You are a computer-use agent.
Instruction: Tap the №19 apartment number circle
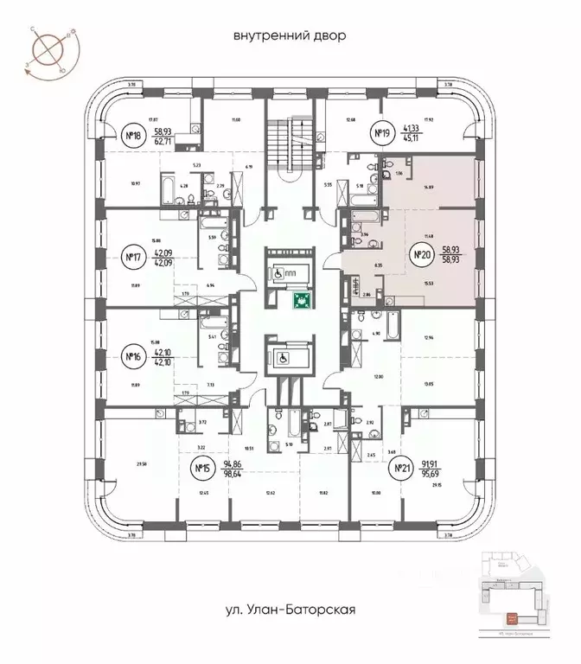coord(382,133)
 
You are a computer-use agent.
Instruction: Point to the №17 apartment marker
coord(132,257)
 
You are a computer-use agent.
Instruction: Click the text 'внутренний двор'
coord(290,35)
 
